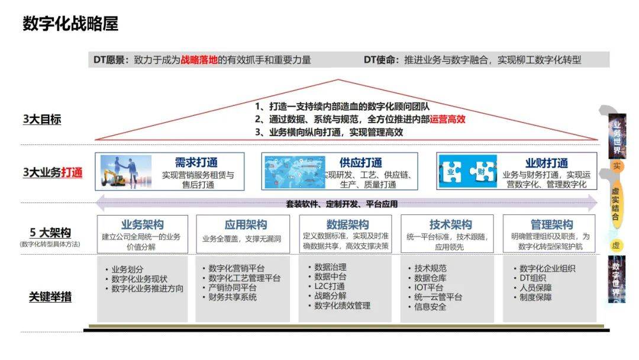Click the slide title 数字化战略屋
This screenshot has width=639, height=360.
pos(70,24)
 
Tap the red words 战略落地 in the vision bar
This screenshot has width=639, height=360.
pos(199,60)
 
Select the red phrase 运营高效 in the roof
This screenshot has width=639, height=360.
pos(447,119)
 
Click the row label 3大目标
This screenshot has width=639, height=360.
pos(42,120)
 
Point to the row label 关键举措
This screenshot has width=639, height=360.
pos(50,297)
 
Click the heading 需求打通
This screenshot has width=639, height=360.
pos(196,162)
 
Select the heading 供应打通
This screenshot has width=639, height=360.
pos(360,162)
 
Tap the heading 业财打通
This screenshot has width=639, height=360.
pos(546,162)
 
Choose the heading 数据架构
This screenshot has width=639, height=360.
pos(347,225)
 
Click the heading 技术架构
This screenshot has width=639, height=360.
pos(450,225)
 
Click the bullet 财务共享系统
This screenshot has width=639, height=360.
pos(233,297)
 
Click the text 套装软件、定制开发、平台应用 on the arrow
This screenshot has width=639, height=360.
pos(341,204)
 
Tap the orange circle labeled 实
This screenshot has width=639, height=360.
pos(616,166)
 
